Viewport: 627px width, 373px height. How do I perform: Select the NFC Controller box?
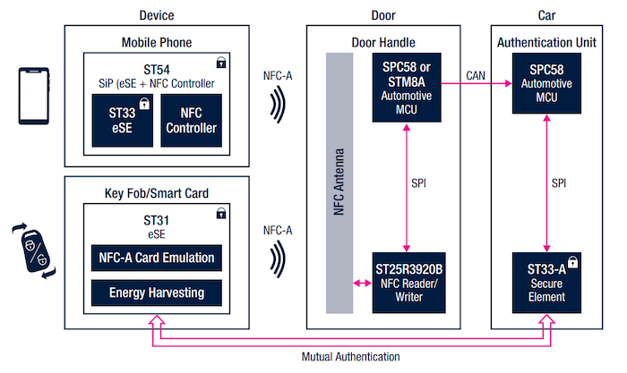tap(192, 121)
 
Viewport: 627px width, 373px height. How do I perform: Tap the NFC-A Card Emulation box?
tap(157, 259)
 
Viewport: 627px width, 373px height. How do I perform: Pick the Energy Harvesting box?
tap(157, 292)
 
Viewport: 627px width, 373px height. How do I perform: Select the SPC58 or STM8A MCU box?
tap(408, 89)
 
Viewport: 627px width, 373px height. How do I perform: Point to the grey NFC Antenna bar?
tap(339, 183)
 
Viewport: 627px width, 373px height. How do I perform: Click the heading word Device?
tap(157, 15)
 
